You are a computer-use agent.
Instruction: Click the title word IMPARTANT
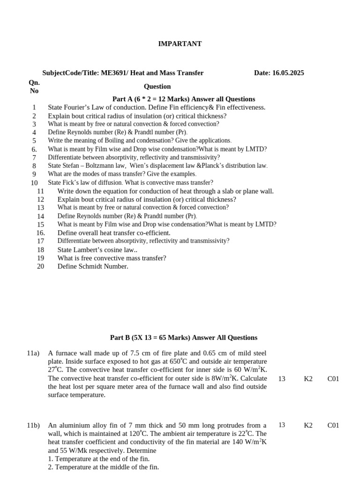[180, 44]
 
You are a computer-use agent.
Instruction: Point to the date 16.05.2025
[287, 73]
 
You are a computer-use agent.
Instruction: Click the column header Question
[157, 86]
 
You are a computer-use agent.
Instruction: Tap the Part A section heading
[184, 99]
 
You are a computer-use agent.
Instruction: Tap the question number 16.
[40, 233]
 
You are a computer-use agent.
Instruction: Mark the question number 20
[40, 266]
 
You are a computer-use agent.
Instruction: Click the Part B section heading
[184, 337]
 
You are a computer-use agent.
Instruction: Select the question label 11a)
[33, 353]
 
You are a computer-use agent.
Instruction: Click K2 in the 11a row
[308, 378]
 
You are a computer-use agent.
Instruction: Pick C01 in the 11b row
[333, 425]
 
